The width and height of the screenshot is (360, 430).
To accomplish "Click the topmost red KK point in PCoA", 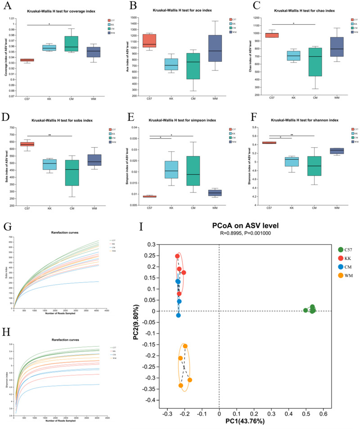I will pos(177,256).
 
